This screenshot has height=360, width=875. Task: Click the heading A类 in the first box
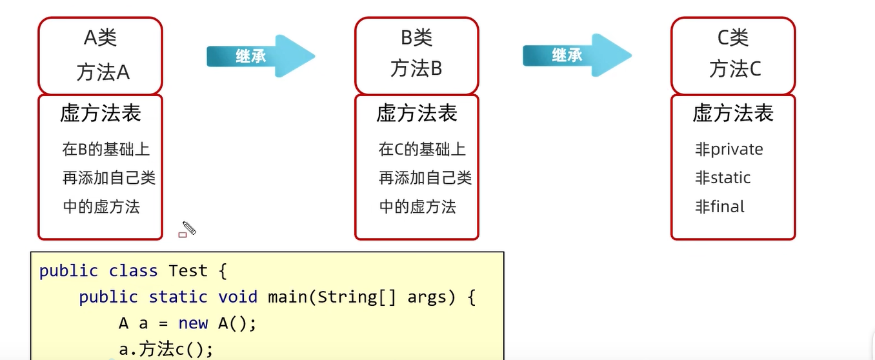point(100,38)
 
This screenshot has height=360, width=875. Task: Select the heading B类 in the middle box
point(416,38)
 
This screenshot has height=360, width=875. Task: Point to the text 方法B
point(416,68)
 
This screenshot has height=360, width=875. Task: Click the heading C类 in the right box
point(733,38)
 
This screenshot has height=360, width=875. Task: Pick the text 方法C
point(735,68)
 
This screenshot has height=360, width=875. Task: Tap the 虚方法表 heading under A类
point(100,114)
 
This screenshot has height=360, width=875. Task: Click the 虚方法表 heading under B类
point(417,114)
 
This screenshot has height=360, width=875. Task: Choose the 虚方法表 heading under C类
point(733,114)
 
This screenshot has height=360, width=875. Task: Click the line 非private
point(729,150)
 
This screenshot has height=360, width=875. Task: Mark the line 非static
point(723,178)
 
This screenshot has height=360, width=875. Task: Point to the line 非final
point(719,207)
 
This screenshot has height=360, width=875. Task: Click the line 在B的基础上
point(106,150)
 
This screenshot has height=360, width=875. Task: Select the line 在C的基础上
point(422,150)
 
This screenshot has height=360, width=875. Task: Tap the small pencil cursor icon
point(188,228)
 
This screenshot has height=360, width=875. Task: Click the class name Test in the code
point(188,271)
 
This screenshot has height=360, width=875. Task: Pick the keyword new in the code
point(193,323)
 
